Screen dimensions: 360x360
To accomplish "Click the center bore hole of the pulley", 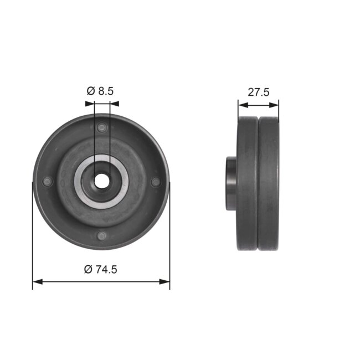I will (102, 181).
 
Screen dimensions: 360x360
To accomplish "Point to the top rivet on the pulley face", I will (101, 128).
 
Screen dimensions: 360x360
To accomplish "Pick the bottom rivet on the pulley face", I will (101, 236).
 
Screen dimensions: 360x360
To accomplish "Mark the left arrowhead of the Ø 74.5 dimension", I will (37, 281).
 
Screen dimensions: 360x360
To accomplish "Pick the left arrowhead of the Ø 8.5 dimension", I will (90, 103).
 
